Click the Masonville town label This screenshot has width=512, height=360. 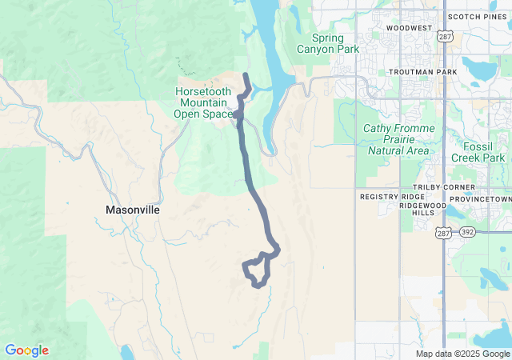pyautogui.click(x=133, y=210)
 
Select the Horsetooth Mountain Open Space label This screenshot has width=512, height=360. pyautogui.click(x=203, y=102)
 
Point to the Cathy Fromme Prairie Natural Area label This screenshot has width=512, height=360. pyautogui.click(x=399, y=139)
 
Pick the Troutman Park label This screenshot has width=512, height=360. pyautogui.click(x=422, y=72)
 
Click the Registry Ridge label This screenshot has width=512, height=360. pyautogui.click(x=392, y=197)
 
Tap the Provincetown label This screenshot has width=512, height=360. pyautogui.click(x=481, y=198)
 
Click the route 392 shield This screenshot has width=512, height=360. pyautogui.click(x=466, y=233)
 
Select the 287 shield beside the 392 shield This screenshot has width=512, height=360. pyautogui.click(x=444, y=233)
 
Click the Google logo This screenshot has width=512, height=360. pyautogui.click(x=26, y=350)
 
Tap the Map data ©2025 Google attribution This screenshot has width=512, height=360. pyautogui.click(x=462, y=354)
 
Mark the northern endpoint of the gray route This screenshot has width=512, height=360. pyautogui.click(x=245, y=75)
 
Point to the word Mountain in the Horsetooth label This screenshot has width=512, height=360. pyautogui.click(x=203, y=102)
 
